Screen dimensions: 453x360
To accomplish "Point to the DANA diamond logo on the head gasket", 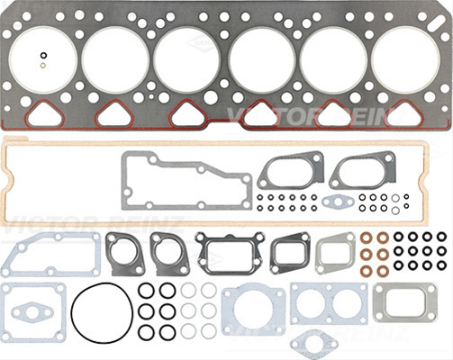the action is pos(200,43).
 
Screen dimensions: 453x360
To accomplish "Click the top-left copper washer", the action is pos(367,238).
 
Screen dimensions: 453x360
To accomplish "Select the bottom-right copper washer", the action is pos(383,271).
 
